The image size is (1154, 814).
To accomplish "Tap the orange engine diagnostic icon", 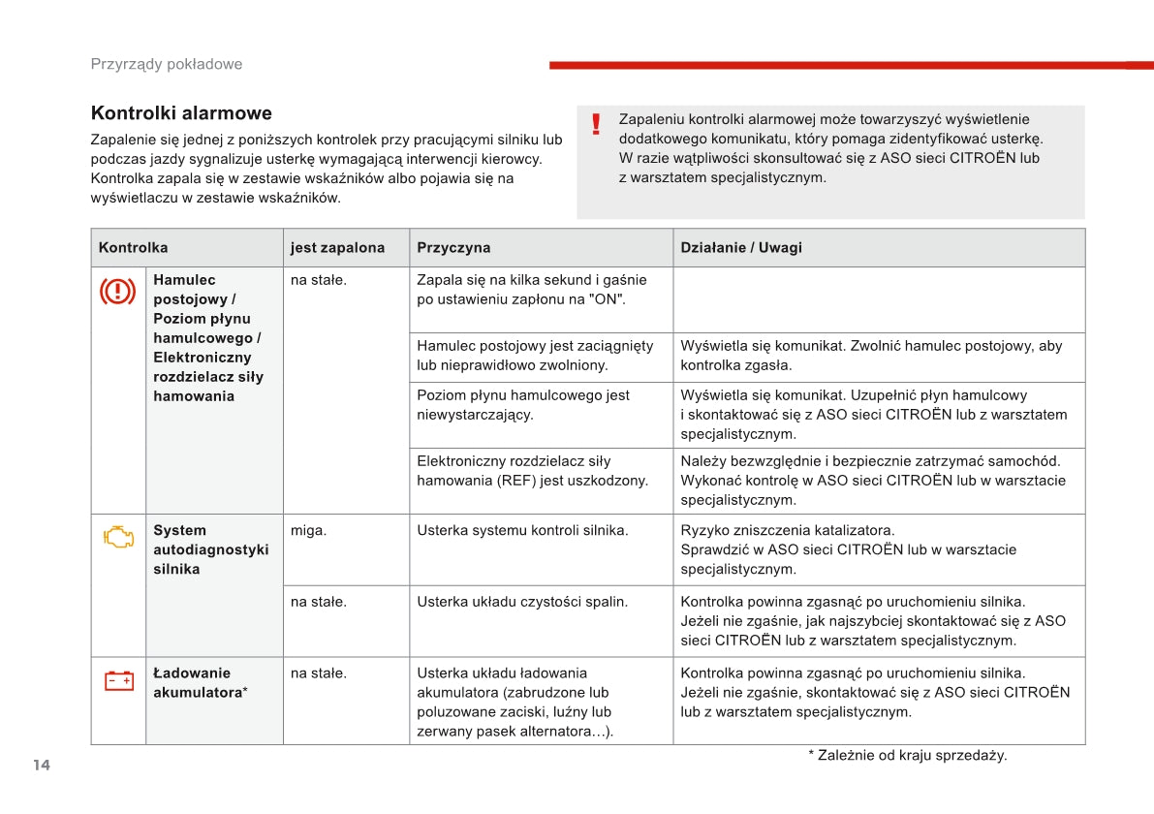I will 118,537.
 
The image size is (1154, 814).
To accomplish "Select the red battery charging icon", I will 118,680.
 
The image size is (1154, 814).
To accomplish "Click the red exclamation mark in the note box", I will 596,124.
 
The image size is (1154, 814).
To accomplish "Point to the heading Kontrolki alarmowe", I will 181,113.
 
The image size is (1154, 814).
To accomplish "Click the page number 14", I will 41,765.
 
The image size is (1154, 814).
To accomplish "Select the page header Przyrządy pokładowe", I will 167,64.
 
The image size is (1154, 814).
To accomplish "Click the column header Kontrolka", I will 133,247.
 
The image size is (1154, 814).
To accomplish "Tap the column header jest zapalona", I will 337,247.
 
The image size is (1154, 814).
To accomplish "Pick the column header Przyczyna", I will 453,247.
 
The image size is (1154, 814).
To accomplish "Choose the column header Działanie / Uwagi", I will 741,247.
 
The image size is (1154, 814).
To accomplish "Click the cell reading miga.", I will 308,530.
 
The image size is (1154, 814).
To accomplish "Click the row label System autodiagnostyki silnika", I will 210,549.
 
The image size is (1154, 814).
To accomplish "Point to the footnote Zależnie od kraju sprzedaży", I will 907,755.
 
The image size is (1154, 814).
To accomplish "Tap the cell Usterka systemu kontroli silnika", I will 522,530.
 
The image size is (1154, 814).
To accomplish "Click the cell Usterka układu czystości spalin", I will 522,602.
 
